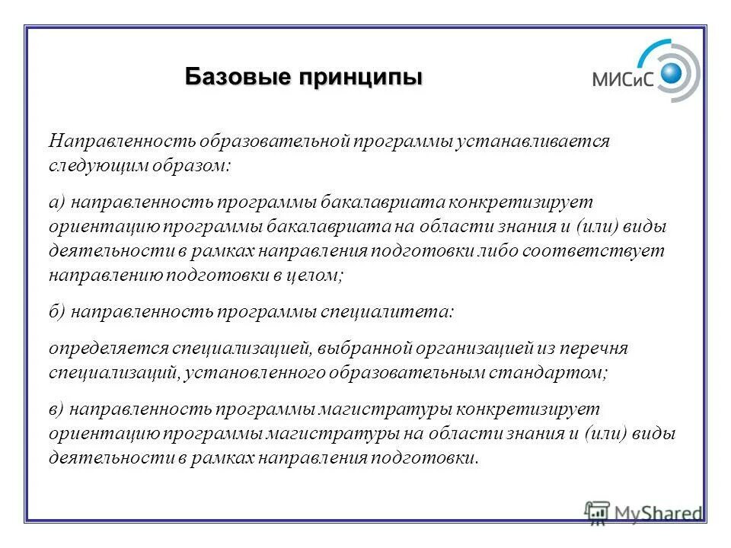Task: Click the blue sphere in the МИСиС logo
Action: (x=672, y=73)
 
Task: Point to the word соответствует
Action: (x=600, y=252)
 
